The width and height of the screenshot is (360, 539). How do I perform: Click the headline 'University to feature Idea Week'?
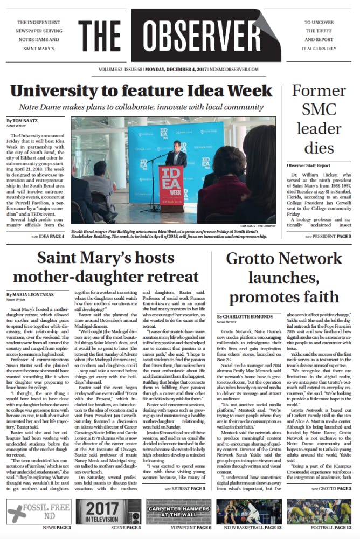point(141,89)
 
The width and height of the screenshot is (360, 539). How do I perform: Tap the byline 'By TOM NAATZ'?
point(21,120)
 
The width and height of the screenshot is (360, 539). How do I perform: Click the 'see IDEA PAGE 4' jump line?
point(47,236)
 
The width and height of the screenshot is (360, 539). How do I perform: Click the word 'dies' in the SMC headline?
point(322,148)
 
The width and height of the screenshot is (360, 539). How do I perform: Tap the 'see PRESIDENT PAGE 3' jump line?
point(328,236)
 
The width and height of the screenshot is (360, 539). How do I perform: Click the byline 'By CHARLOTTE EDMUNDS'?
point(245,316)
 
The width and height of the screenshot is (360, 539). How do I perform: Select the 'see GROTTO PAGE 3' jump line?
point(331,488)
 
